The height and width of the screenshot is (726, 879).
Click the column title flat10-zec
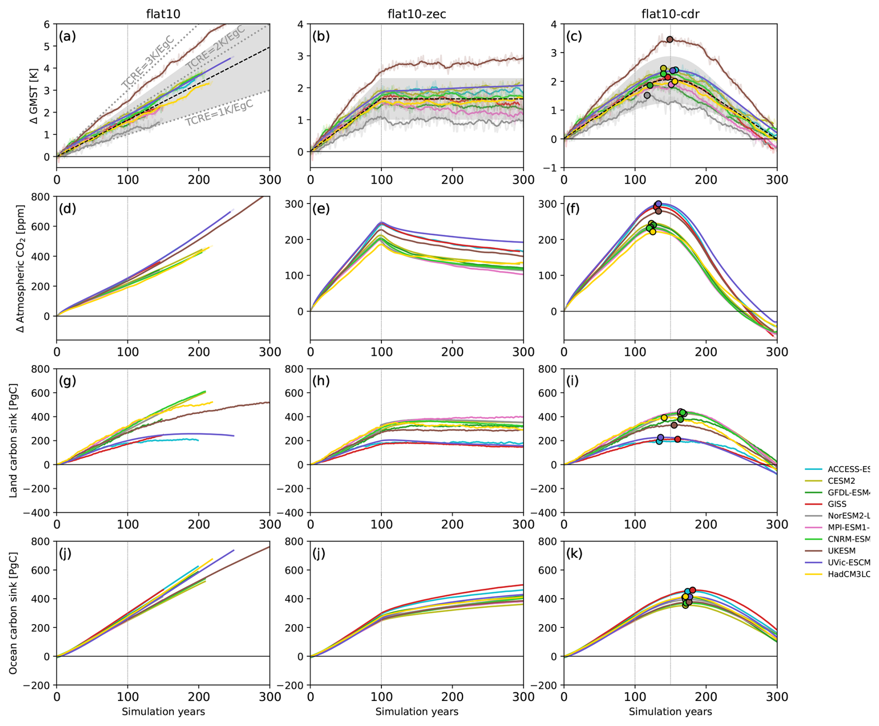click(x=416, y=14)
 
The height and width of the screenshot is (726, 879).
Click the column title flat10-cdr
click(x=670, y=14)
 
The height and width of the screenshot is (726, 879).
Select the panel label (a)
click(x=67, y=36)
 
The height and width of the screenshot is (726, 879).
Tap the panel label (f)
click(x=573, y=209)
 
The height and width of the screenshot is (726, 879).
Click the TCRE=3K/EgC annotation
click(x=148, y=62)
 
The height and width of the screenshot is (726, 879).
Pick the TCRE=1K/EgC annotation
click(x=219, y=113)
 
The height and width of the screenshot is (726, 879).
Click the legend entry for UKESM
click(x=841, y=551)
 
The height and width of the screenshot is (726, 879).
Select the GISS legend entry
click(x=837, y=504)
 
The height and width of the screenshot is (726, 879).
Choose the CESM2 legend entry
click(x=841, y=481)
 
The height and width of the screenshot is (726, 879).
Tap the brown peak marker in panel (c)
click(x=669, y=40)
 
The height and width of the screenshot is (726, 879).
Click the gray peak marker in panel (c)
click(x=647, y=95)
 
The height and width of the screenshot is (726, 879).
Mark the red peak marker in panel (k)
click(x=693, y=590)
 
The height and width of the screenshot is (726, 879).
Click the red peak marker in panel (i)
click(x=677, y=439)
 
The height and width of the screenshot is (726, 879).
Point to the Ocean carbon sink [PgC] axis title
click(x=13, y=613)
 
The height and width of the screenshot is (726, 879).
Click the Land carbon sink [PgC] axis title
click(x=13, y=441)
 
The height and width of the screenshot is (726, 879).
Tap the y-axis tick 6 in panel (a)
click(x=46, y=24)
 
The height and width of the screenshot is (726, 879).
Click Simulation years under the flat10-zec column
click(x=416, y=712)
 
